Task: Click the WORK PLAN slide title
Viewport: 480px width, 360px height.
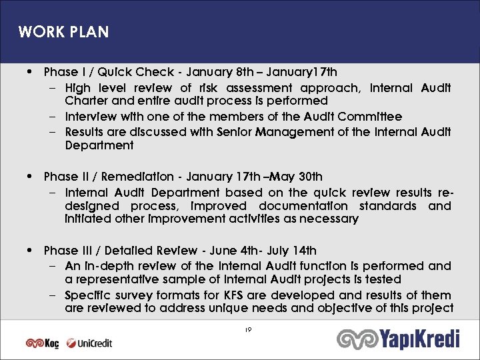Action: pos(63,32)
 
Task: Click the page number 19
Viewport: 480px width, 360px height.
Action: pos(247,329)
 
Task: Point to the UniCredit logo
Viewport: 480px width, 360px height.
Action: pos(89,343)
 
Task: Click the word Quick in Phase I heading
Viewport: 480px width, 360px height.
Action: pos(116,71)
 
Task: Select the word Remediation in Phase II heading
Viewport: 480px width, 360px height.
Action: pos(140,177)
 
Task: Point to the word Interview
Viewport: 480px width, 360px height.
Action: pos(90,117)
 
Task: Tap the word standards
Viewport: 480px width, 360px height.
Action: pos(392,206)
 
